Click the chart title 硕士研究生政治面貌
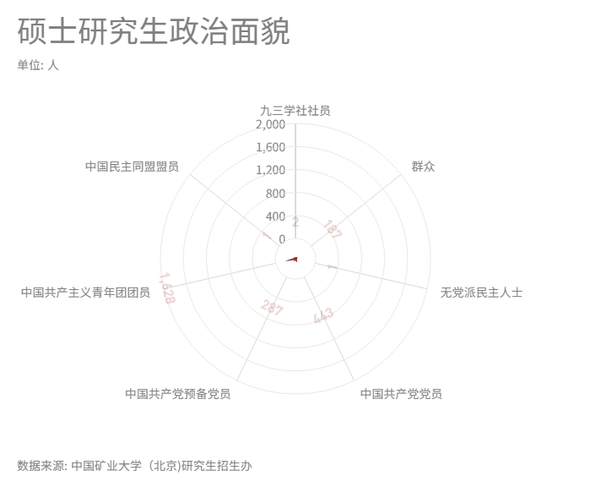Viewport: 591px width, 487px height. pos(153,31)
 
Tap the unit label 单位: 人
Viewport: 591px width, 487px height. pos(38,65)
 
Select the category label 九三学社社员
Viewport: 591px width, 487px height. pos(295,110)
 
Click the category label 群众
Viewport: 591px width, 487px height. pos(423,167)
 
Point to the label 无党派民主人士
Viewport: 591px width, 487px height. pos(481,293)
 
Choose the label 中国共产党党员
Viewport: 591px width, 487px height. pos(401,393)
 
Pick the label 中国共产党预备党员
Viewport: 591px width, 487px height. pos(177,393)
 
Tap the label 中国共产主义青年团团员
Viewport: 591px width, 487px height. pos(85,293)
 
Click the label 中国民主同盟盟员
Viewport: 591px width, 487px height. pos(132,167)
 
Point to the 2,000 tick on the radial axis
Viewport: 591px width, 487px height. pos(270,124)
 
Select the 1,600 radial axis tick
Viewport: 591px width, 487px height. pos(270,147)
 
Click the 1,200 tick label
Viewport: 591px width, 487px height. pos(270,170)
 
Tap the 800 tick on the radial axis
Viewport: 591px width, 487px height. pos(275,193)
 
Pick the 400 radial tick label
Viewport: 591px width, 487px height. pos(275,216)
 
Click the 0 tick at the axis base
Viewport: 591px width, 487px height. pos(282,239)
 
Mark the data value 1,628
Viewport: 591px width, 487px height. pos(167,288)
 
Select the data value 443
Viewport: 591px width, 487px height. pos(323,316)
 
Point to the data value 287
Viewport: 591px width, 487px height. pos(272,308)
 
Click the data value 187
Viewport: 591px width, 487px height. pos(333,229)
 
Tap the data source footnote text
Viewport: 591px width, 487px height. pos(134,465)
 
